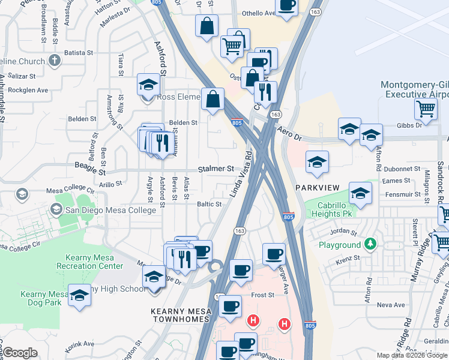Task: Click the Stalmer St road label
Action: coord(216,169)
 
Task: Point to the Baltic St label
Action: coord(209,204)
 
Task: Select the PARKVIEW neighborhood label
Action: coord(318,188)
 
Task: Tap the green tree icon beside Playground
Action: coord(370,245)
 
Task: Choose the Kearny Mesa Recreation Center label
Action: coord(89,262)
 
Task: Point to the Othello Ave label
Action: coord(258,13)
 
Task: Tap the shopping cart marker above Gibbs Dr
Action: coord(426,109)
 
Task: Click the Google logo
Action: coord(20,353)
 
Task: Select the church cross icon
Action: coord(54,61)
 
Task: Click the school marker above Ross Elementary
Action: coord(148,85)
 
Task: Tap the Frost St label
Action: coord(262,295)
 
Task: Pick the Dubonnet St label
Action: coord(402,169)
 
